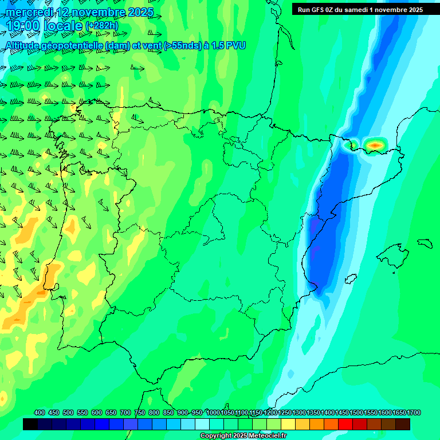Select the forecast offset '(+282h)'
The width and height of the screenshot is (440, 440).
click(101, 26)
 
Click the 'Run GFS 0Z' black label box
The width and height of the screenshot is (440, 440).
click(360, 9)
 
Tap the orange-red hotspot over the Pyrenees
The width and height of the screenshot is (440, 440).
click(375, 145)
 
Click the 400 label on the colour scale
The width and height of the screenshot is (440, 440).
click(40, 412)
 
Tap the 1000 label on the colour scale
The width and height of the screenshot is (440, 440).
click(213, 412)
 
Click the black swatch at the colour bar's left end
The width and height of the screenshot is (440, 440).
click(30, 424)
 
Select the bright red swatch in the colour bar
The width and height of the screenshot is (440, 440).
click(345, 424)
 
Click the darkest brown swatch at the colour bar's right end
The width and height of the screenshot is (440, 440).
click(403, 424)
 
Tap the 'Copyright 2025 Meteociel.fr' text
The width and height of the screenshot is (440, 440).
click(243, 435)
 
